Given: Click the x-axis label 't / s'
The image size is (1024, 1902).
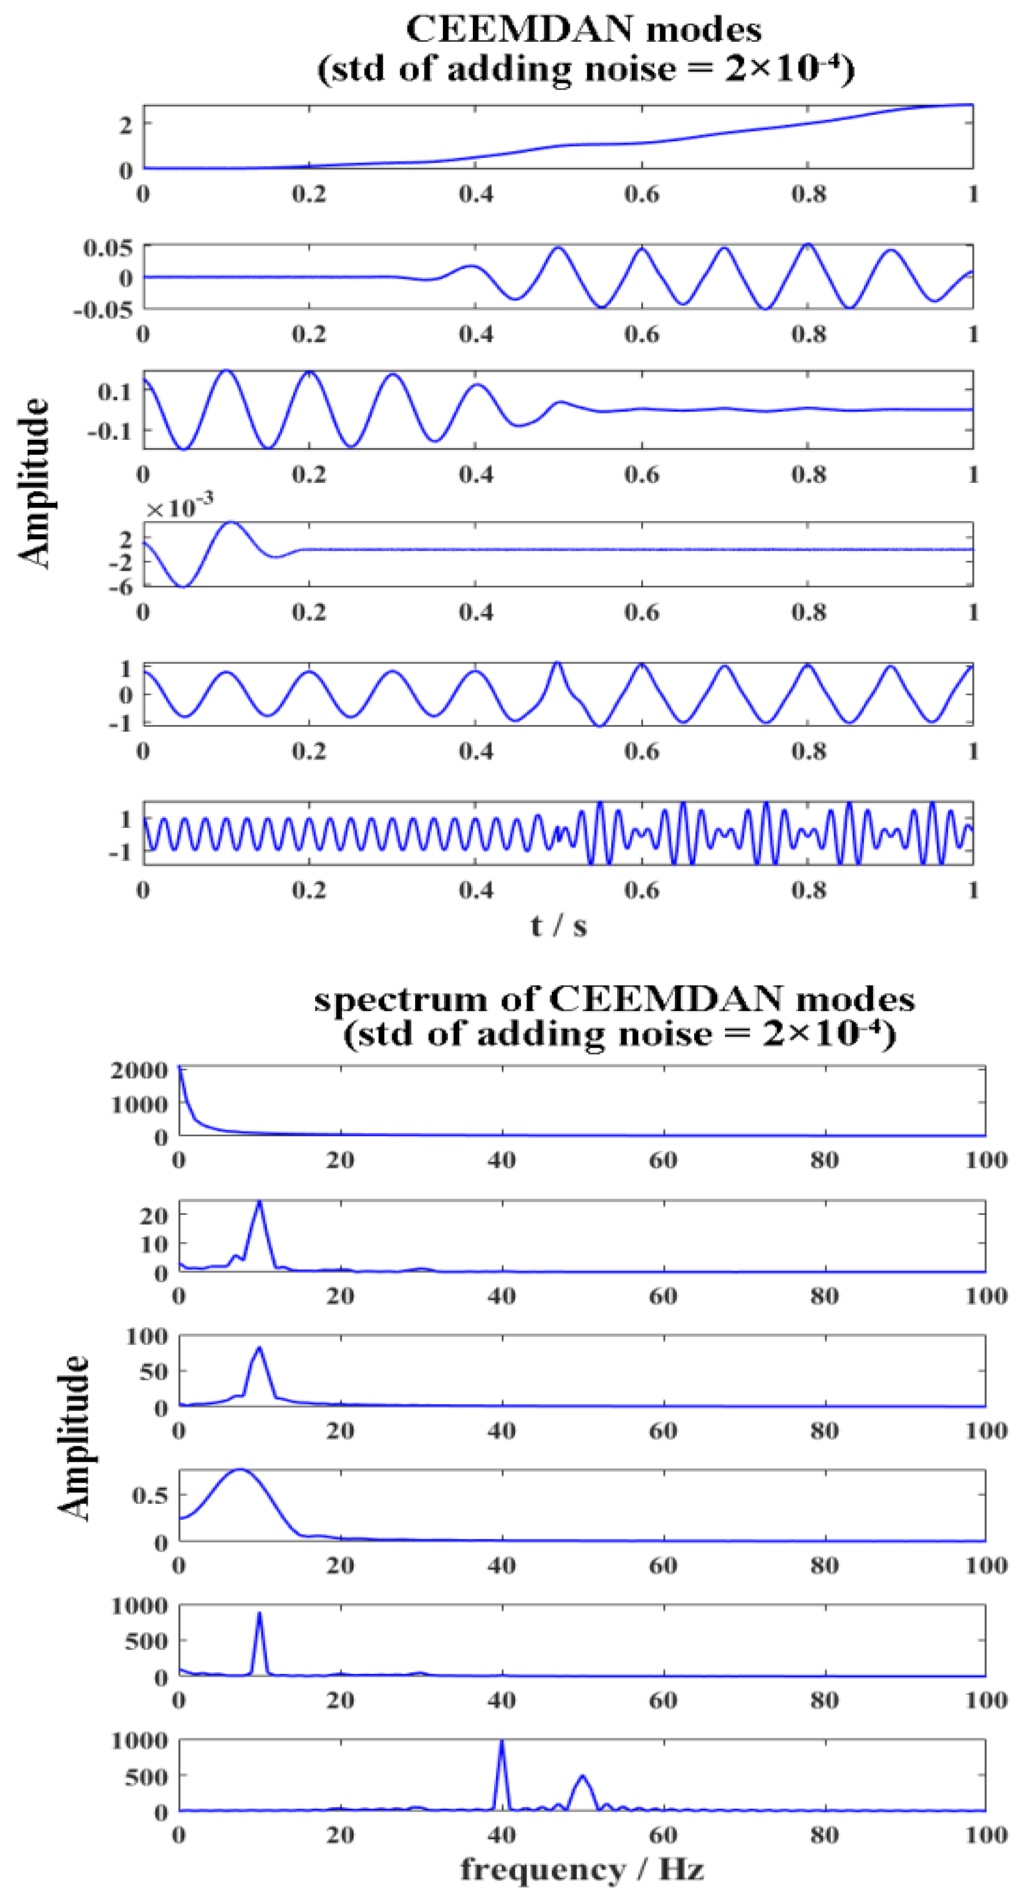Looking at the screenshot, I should click(558, 925).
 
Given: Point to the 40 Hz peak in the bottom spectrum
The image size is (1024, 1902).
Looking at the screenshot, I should click(502, 1743).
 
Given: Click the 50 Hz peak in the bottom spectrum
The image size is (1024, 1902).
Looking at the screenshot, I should click(582, 1777).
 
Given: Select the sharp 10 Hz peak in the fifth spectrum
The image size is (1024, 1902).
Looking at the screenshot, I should click(259, 1613).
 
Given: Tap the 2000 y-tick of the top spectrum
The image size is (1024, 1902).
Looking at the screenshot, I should click(139, 1070).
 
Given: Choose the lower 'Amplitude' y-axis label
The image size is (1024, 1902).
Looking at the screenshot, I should click(74, 1437).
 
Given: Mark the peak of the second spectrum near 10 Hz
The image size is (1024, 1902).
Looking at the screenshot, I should click(259, 1203).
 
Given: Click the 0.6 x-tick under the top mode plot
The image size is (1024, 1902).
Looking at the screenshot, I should click(642, 194).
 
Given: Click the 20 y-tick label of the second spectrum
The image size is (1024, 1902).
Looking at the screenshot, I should click(154, 1215).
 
